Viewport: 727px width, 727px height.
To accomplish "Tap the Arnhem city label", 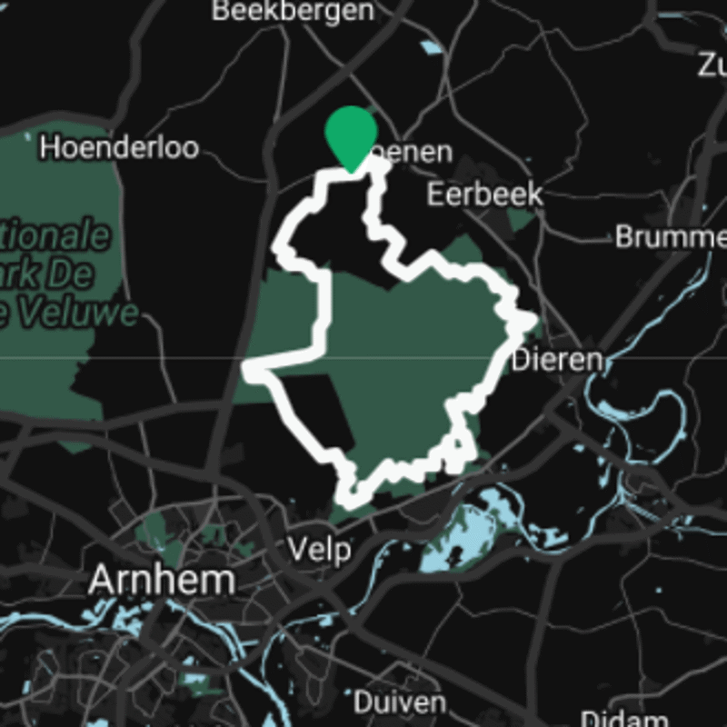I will [x=163, y=580].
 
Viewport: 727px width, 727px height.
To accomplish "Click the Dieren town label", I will [x=557, y=360].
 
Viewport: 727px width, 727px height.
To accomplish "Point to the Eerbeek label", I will [x=484, y=194].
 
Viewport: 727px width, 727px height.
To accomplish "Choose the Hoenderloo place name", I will [x=119, y=147].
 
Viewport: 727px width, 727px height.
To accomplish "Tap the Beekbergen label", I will [x=292, y=11].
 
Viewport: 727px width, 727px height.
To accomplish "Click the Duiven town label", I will [x=399, y=702].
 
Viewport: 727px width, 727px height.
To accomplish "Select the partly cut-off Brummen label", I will [x=671, y=237].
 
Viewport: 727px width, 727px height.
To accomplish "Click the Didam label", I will [x=618, y=718].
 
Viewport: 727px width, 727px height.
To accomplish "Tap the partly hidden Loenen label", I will [x=411, y=152].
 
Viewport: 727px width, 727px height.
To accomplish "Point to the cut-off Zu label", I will [x=712, y=65].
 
